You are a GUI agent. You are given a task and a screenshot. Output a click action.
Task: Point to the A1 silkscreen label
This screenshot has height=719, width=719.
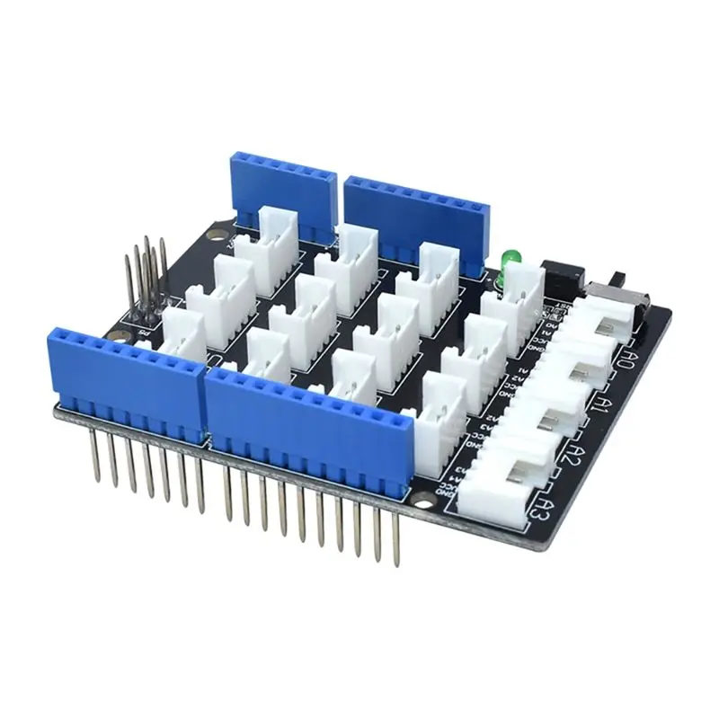pos(604,405)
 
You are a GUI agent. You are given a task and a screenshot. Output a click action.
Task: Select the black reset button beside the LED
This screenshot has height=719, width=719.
pos(563,274)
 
